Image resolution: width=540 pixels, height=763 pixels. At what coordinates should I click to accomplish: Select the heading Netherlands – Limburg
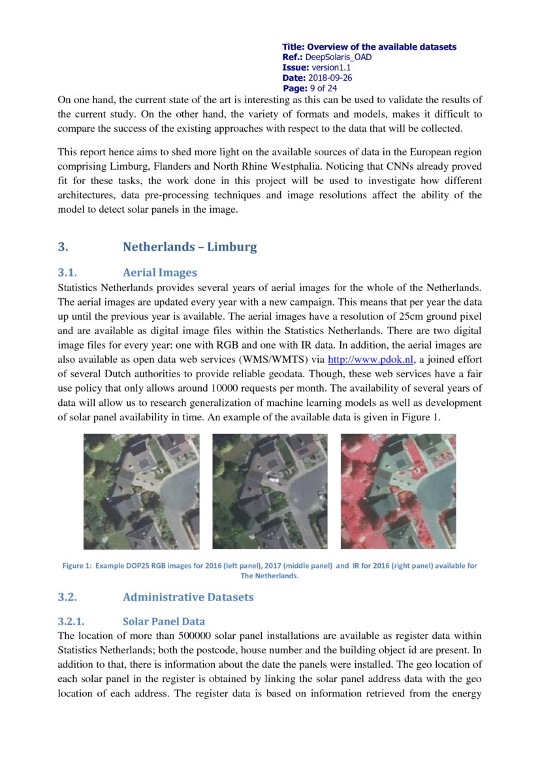click(189, 247)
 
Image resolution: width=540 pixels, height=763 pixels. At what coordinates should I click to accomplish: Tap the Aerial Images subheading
click(159, 272)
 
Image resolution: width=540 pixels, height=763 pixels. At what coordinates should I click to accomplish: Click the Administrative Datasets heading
click(188, 597)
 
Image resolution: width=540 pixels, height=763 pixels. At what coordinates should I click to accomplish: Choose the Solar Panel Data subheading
click(164, 621)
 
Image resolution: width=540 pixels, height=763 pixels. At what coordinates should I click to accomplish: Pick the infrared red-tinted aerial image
click(398, 491)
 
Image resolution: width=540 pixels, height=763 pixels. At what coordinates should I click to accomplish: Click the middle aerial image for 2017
click(270, 491)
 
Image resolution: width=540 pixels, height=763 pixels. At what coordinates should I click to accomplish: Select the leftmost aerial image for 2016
click(141, 491)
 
